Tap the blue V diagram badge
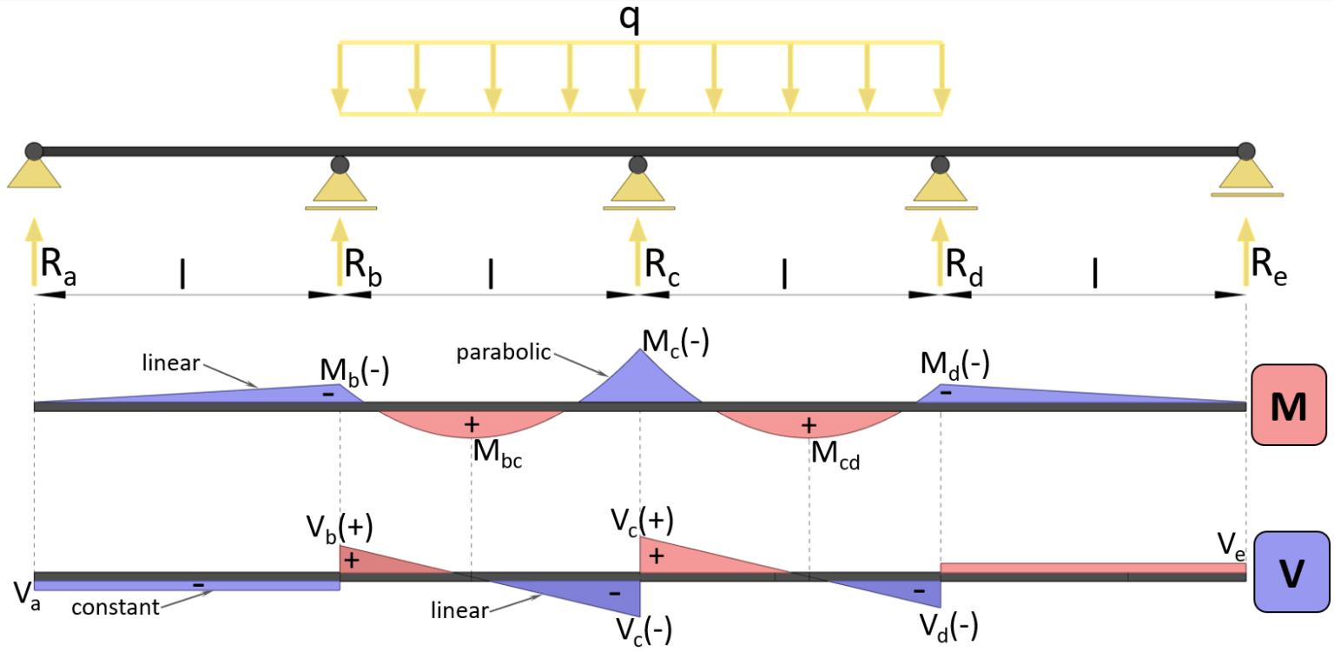pyautogui.click(x=1291, y=575)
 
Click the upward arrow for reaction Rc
pyautogui.click(x=638, y=251)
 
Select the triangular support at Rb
pyautogui.click(x=340, y=184)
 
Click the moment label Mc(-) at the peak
pyautogui.click(x=676, y=343)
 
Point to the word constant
pyautogui.click(x=115, y=607)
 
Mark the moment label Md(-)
pyautogui.click(x=954, y=364)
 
